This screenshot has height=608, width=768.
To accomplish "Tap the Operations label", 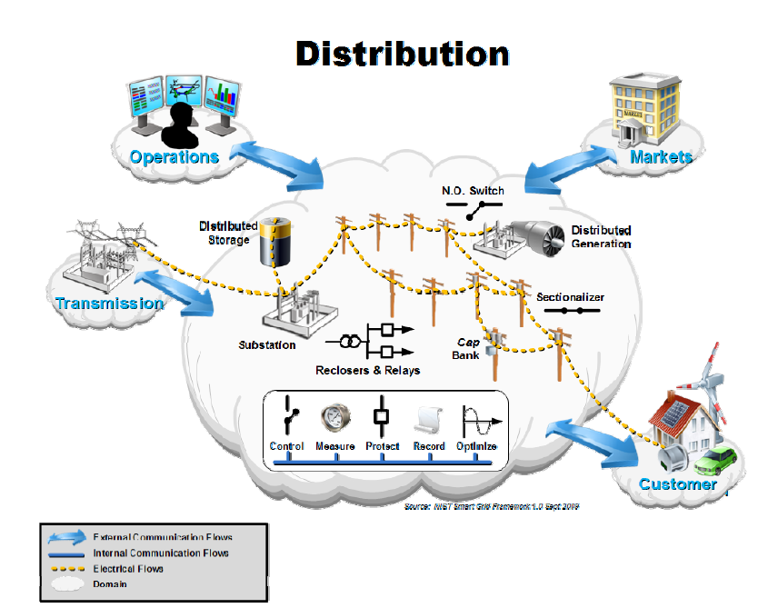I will click(x=174, y=157).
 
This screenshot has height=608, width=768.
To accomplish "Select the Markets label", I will click(x=661, y=157).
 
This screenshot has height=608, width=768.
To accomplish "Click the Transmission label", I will click(x=110, y=304).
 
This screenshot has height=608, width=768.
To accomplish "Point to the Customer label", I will click(x=677, y=484).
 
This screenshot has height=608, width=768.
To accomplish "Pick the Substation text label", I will click(x=266, y=345).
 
